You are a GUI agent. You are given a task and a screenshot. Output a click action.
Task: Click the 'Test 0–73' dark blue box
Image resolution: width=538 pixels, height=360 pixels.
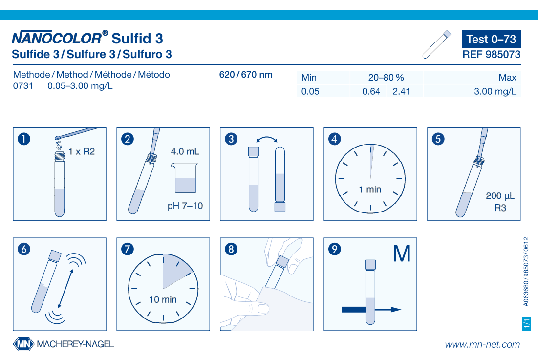coord(491,39)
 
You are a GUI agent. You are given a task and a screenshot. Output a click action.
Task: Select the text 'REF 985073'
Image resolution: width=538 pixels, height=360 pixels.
coord(492,55)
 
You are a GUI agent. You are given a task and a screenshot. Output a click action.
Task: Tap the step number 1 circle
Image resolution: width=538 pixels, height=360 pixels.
coord(24,139)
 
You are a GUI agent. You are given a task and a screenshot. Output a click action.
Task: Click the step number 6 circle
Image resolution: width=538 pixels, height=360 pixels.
coord(24,249)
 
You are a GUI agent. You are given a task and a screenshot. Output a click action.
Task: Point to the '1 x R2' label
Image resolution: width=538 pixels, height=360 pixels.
coord(82,151)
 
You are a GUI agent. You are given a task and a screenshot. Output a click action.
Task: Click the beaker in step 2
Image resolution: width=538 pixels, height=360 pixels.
coord(184,178)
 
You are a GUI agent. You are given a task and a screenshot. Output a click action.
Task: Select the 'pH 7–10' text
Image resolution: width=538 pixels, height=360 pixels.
coord(185,206)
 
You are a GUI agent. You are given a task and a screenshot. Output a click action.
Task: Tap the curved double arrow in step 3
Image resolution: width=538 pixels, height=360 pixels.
coord(267,139)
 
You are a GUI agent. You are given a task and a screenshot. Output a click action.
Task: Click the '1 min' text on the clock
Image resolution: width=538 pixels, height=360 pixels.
coord(370,190)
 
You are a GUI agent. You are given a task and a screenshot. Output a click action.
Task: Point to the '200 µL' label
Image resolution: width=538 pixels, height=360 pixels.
coord(500,196)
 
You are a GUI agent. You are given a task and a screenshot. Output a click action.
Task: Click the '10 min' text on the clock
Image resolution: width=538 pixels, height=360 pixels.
coord(163,299)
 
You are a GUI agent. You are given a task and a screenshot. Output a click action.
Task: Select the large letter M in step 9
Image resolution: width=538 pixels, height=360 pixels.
coord(402,254)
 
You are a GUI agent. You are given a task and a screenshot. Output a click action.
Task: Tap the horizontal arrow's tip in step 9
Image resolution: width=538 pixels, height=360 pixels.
coord(401,310)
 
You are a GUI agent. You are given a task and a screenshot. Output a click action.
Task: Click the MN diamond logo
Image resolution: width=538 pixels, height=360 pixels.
coord(23,344)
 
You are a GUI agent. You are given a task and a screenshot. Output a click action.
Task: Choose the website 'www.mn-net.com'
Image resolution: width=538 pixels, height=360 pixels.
coord(482,344)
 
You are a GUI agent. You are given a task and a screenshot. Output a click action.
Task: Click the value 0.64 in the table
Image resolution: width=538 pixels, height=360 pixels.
coord(371,91)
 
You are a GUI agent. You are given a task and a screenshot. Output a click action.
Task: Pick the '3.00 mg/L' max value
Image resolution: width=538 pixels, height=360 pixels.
coord(495,91)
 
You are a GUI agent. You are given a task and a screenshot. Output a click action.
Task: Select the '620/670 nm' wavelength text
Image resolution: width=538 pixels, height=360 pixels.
coord(246,75)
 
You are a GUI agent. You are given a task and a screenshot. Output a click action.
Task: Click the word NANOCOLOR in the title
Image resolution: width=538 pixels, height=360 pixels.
coord(57,38)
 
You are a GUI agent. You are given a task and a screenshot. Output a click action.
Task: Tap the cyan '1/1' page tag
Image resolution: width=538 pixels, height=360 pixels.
coord(526,323)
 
